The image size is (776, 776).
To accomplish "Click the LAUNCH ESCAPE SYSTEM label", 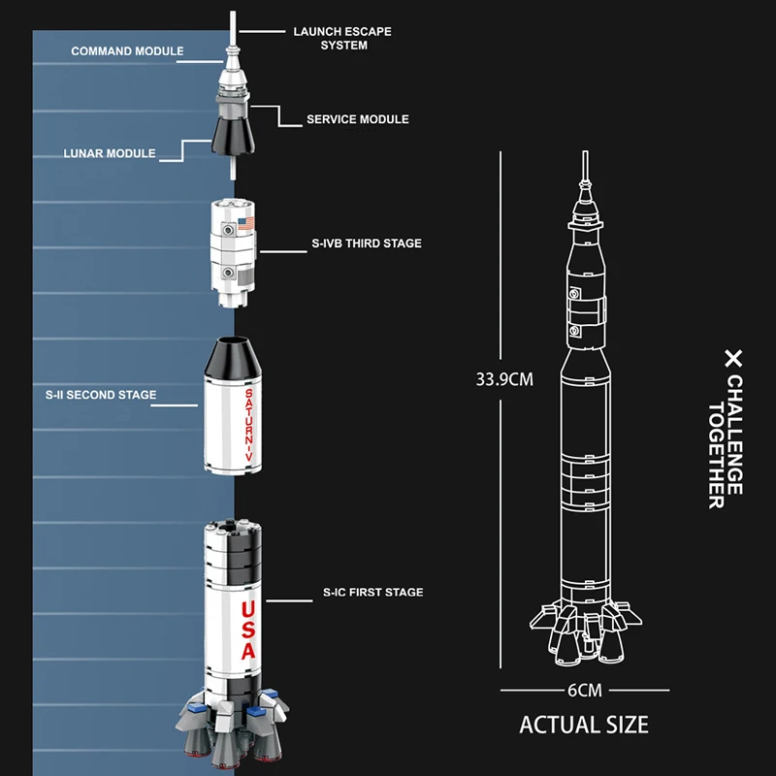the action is click(342, 38).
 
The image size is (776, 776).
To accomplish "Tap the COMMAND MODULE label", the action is click(127, 50).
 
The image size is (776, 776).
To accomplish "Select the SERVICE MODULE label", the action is click(357, 119).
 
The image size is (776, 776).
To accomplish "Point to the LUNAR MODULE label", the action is click(110, 153).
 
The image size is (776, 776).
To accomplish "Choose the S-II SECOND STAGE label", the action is click(101, 395).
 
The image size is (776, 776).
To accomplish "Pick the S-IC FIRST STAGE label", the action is click(372, 592).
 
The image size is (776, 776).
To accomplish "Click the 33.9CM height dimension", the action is click(503, 378).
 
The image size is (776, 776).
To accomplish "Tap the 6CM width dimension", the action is click(585, 691).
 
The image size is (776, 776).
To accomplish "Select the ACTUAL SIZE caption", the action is click(584, 725).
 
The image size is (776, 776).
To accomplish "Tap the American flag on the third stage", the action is click(244, 224).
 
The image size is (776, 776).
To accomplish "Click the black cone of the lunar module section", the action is click(233, 138).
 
